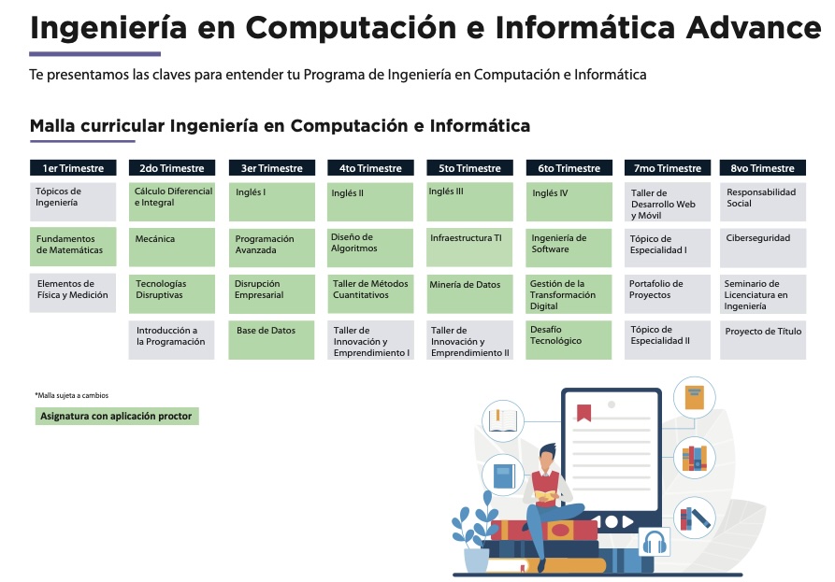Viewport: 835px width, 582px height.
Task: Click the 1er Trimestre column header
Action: coord(73,167)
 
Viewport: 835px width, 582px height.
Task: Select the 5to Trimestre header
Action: coord(469,167)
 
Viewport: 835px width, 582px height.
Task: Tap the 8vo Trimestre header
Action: coord(763,167)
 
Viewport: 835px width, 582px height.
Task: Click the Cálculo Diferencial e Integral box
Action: coord(172,202)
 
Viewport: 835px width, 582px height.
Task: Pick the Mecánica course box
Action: coord(172,248)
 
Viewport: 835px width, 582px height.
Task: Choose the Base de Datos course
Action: coord(271,340)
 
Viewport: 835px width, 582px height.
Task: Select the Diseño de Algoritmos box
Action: coord(370,248)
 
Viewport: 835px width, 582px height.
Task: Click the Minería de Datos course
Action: coord(469,293)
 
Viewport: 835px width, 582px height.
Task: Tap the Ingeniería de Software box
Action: coord(569,248)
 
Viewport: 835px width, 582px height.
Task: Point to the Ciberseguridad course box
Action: coord(763,248)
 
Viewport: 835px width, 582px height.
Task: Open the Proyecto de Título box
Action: coord(763,340)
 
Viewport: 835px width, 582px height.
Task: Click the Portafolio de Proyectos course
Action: coord(668,293)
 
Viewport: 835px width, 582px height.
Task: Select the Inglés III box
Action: coord(469,202)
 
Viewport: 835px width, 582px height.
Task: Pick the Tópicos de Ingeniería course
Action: coord(73,202)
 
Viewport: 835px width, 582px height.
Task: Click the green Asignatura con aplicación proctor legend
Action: coord(117,416)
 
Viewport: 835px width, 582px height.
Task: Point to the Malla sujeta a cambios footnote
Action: coord(72,395)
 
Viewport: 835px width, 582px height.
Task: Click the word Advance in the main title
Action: coord(754,28)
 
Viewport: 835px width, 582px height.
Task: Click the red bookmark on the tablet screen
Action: coord(583,412)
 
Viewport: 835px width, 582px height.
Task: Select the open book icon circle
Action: coord(503,420)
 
